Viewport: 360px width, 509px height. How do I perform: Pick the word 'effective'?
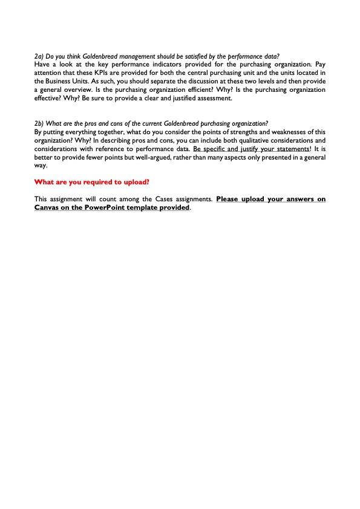48,98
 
